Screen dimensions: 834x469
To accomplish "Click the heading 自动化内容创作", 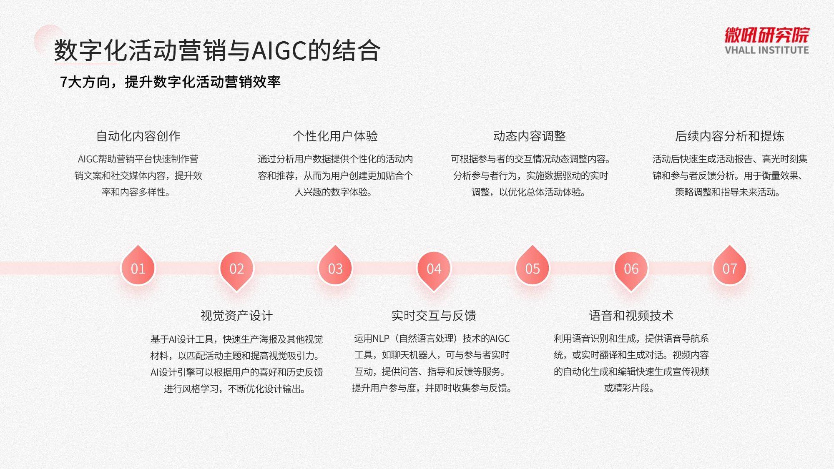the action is click(138, 136).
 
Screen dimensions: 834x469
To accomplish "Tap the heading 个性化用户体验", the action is click(335, 136).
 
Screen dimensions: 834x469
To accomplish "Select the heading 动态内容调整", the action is click(530, 136).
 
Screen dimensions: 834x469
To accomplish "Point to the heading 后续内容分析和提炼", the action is click(730, 136).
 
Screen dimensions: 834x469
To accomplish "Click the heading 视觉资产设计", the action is click(236, 316).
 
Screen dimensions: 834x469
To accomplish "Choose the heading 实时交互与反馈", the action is click(434, 316).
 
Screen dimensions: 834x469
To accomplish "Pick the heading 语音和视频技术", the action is click(631, 316).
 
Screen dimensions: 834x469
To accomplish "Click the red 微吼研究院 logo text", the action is click(767, 35).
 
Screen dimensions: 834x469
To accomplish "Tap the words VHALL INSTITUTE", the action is click(767, 50).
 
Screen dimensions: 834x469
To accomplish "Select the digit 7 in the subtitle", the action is click(64, 82).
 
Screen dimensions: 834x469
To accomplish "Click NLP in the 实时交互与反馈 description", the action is click(380, 339).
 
